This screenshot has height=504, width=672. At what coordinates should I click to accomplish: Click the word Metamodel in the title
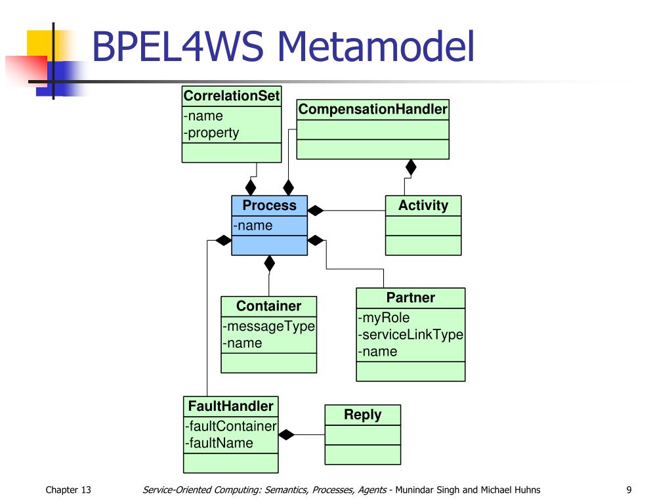click(376, 47)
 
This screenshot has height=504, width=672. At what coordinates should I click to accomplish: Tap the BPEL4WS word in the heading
click(177, 47)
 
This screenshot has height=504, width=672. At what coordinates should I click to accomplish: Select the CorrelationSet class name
click(232, 96)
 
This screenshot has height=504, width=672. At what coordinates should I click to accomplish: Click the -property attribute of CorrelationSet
click(211, 133)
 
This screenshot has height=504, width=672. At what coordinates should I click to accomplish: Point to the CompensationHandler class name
click(373, 110)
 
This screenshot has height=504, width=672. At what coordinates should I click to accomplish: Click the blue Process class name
click(269, 205)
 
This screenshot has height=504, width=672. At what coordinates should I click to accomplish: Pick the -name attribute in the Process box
click(253, 226)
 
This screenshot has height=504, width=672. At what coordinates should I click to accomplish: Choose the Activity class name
click(423, 205)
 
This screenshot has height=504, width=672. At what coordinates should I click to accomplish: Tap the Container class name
click(268, 306)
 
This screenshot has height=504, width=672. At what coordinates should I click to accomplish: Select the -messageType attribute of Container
click(268, 327)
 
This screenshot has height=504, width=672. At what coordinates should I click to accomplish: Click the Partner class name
click(411, 297)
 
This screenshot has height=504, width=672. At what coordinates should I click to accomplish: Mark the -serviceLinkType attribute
click(411, 335)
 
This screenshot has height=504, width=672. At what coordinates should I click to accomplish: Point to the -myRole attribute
click(383, 318)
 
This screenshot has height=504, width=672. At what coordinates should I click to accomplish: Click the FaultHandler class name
click(230, 406)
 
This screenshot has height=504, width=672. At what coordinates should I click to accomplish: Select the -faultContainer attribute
click(230, 426)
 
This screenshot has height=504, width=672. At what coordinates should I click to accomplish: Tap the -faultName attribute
click(219, 443)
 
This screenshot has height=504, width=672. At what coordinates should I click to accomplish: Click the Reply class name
click(362, 415)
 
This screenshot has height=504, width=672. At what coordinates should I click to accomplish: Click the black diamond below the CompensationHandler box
click(411, 167)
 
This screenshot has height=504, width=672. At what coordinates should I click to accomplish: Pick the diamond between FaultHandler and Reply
click(286, 434)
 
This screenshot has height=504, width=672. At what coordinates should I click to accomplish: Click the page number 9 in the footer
click(629, 490)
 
